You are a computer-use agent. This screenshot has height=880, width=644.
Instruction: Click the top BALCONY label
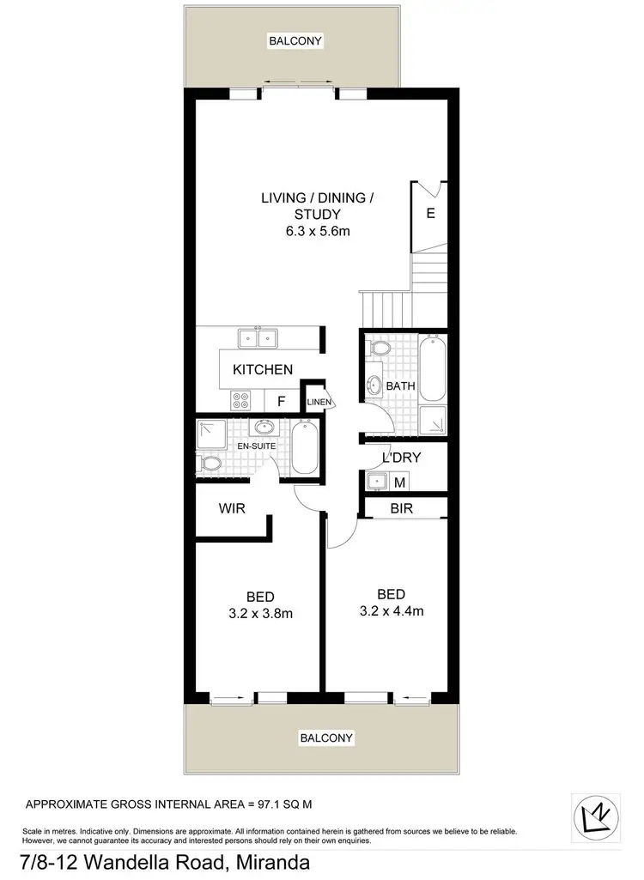pyautogui.click(x=294, y=40)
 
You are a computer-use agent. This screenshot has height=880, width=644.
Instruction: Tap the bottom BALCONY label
pyautogui.click(x=326, y=737)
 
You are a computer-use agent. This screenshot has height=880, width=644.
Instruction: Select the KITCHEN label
pyautogui.click(x=263, y=369)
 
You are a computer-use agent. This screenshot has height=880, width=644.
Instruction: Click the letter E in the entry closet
pyautogui.click(x=431, y=213)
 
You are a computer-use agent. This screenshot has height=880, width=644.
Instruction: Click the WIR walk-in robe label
pyautogui.click(x=232, y=508)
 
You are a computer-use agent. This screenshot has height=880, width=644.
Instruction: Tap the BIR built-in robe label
pyautogui.click(x=401, y=508)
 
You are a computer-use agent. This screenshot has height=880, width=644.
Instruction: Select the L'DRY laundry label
pyautogui.click(x=401, y=458)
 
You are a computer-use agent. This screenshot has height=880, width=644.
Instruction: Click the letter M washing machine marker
pyautogui.click(x=399, y=482)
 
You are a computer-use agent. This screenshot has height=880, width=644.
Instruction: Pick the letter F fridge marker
pyautogui.click(x=280, y=400)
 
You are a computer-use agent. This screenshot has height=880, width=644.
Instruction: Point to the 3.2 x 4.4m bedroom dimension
pyautogui.click(x=391, y=611)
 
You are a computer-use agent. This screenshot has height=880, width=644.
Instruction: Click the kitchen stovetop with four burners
pyautogui.click(x=241, y=399)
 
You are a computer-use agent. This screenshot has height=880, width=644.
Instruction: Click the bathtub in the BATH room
pyautogui.click(x=432, y=369)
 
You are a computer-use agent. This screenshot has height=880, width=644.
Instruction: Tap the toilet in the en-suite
pyautogui.click(x=209, y=464)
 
